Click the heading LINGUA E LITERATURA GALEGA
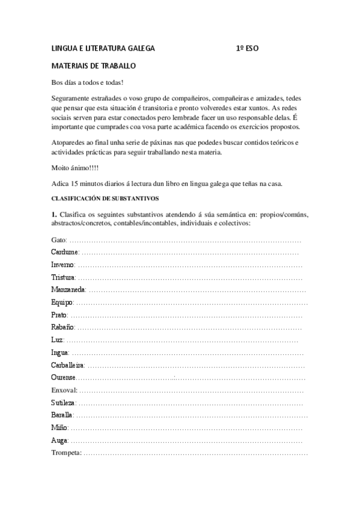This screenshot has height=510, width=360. [103, 48]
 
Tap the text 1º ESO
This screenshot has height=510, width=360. [248, 48]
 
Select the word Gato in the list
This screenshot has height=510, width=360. [59, 240]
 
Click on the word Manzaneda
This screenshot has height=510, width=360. [68, 290]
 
